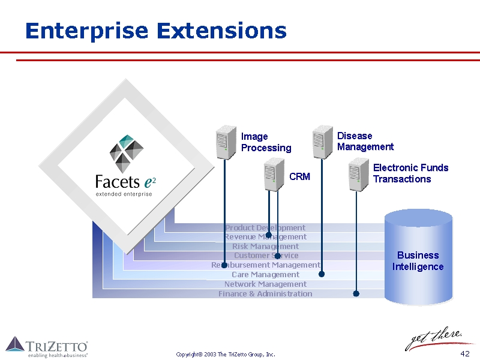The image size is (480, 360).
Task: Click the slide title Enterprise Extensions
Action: coord(155,31)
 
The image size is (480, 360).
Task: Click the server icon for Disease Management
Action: coord(322,142)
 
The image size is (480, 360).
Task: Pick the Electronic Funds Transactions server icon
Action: coord(358,175)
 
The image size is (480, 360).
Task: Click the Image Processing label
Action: coord(266,142)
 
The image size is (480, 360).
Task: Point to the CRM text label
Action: coord(299,176)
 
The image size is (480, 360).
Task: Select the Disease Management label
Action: coord(365,142)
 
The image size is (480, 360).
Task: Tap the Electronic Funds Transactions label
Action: coord(410,173)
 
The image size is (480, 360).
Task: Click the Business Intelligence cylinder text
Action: coord(418,261)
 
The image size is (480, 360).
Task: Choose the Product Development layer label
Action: coord(265,227)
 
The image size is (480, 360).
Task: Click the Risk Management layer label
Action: coord(265,246)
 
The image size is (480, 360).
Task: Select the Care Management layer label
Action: coord(265,274)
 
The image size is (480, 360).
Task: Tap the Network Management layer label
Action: coord(265,284)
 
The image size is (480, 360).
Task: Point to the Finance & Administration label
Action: coord(265,293)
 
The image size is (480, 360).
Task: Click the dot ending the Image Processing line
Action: coord(224,265)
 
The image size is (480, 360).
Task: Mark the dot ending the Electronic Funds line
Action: coord(356,293)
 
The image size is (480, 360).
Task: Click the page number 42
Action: coord(464,353)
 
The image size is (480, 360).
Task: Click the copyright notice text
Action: coord(226,355)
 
